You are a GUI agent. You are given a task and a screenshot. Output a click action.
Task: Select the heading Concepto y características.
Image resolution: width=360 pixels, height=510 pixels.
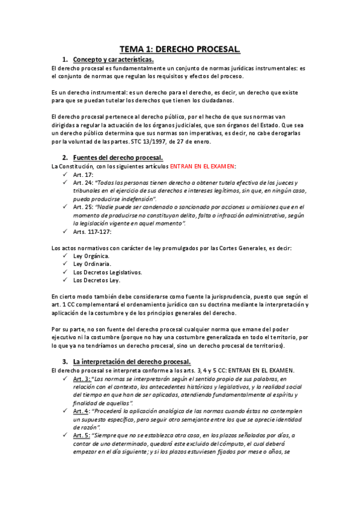tap(113, 60)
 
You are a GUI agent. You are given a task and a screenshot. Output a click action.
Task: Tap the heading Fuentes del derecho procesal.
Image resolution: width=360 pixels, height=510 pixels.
tap(118, 158)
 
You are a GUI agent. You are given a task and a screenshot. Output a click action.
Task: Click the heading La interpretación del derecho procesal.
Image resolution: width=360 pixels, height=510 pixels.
tap(132, 361)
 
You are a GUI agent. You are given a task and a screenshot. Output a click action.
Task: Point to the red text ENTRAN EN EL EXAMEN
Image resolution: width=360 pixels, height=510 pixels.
tap(203, 166)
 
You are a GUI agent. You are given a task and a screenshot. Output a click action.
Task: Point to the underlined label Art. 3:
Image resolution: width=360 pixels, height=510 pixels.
tap(82, 379)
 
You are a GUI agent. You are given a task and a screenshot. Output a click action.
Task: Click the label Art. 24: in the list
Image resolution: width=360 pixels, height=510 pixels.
tap(83, 183)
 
